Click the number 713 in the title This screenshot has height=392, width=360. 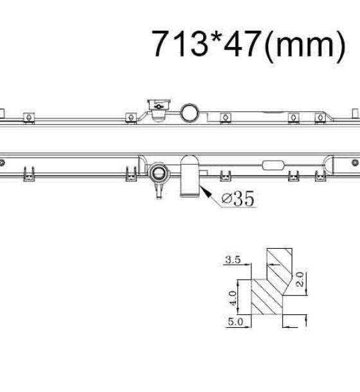coord(180,44)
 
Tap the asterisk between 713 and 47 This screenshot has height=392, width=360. coord(216,37)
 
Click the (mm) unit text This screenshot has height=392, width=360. coord(305,46)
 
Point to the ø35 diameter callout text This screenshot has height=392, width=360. coord(238,199)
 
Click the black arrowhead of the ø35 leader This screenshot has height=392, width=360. coord(205,192)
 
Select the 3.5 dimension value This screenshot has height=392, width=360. coord(233,260)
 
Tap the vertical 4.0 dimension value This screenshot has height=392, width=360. coord(233,298)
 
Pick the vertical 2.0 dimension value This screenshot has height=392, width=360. coord(300,280)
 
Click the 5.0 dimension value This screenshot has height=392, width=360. coord(235,321)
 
